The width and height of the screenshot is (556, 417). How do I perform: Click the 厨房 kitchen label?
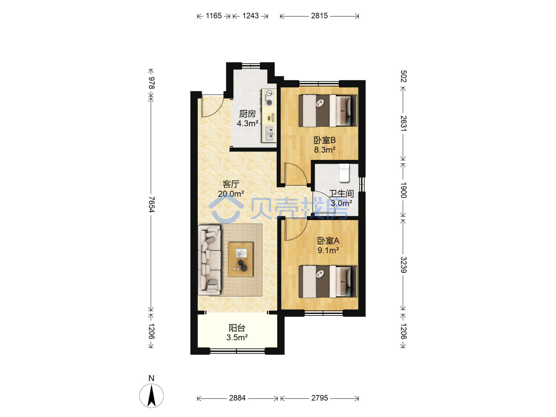pos(247,114)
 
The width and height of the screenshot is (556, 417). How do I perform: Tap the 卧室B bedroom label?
pos(324,140)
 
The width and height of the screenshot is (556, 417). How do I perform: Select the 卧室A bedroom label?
pos(328,241)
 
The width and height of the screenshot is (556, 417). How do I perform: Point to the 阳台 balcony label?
pos(237,328)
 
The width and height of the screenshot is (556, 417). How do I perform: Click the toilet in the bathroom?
pos(344,173)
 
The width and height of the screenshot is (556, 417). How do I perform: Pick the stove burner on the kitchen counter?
pos(269,97)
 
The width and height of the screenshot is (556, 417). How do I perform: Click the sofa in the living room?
pos(209,260)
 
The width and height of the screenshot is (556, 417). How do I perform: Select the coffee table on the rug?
pos(241,259)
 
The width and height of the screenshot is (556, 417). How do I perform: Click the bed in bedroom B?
pos(327,111)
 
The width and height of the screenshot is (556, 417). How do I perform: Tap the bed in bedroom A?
pos(327,281)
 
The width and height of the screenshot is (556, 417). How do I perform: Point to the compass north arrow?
pos(151,396)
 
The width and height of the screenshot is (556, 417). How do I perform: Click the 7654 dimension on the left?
pos(151,204)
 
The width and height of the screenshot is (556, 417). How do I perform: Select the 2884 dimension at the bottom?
pos(237,398)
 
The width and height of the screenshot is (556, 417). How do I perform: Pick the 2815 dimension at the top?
pos(319,16)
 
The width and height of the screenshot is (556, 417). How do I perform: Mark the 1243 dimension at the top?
pos(250,16)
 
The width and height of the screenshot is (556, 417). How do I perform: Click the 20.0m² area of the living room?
pos(231,194)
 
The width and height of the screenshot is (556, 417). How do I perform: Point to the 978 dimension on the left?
pos(151,83)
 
